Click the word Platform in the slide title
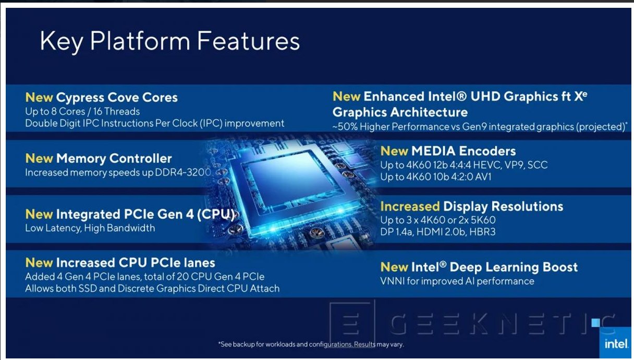pyautogui.click(x=140, y=42)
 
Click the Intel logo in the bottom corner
pyautogui.click(x=616, y=344)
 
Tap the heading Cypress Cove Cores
pyautogui.click(x=117, y=97)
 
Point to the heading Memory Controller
pyautogui.click(x=114, y=158)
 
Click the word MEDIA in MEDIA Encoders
pyautogui.click(x=433, y=151)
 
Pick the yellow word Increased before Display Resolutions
pyautogui.click(x=410, y=206)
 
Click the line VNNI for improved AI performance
pyautogui.click(x=457, y=281)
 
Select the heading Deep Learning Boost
pyautogui.click(x=514, y=267)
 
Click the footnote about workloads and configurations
pyautogui.click(x=311, y=344)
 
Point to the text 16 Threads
pyautogui.click(x=116, y=111)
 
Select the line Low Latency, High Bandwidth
pyautogui.click(x=90, y=228)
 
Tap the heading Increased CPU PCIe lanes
pyautogui.click(x=136, y=263)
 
